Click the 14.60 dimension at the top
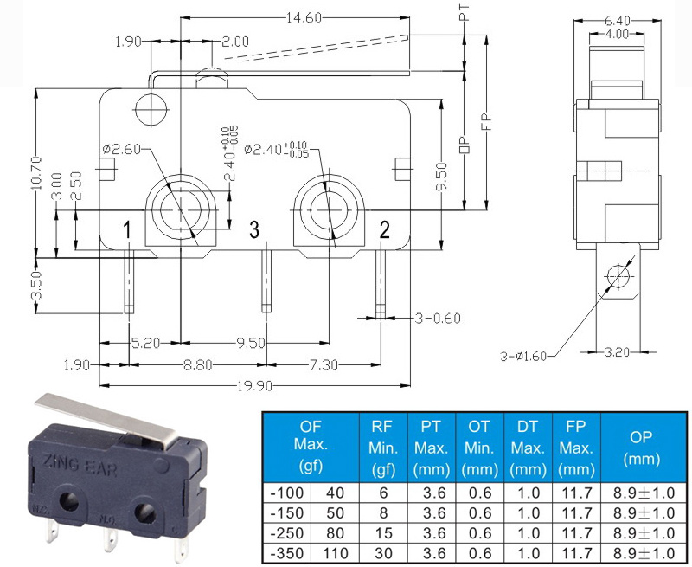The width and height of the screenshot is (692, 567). [304, 18]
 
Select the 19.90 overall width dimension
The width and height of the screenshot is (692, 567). [254, 386]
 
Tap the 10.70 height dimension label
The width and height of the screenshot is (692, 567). [36, 172]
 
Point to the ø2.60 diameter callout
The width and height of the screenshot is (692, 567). [121, 149]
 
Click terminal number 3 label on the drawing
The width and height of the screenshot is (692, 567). [254, 229]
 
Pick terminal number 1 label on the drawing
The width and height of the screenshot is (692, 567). [127, 230]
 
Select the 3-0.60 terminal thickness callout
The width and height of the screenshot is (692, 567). [438, 318]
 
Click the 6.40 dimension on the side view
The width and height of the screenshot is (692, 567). [617, 20]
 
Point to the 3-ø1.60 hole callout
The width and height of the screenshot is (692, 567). [523, 356]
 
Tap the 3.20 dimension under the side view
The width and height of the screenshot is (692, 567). [617, 352]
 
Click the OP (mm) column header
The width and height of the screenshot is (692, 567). [641, 448]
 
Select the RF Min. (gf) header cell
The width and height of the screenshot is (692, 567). [383, 448]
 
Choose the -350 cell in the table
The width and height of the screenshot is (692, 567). [286, 553]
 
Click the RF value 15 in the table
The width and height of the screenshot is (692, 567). [383, 532]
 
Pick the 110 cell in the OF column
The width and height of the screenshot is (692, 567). [336, 553]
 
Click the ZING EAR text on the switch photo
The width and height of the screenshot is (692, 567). [80, 466]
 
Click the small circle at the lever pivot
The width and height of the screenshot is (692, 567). [151, 110]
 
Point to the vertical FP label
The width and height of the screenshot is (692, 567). [486, 121]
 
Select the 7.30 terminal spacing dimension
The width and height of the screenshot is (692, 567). [324, 364]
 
